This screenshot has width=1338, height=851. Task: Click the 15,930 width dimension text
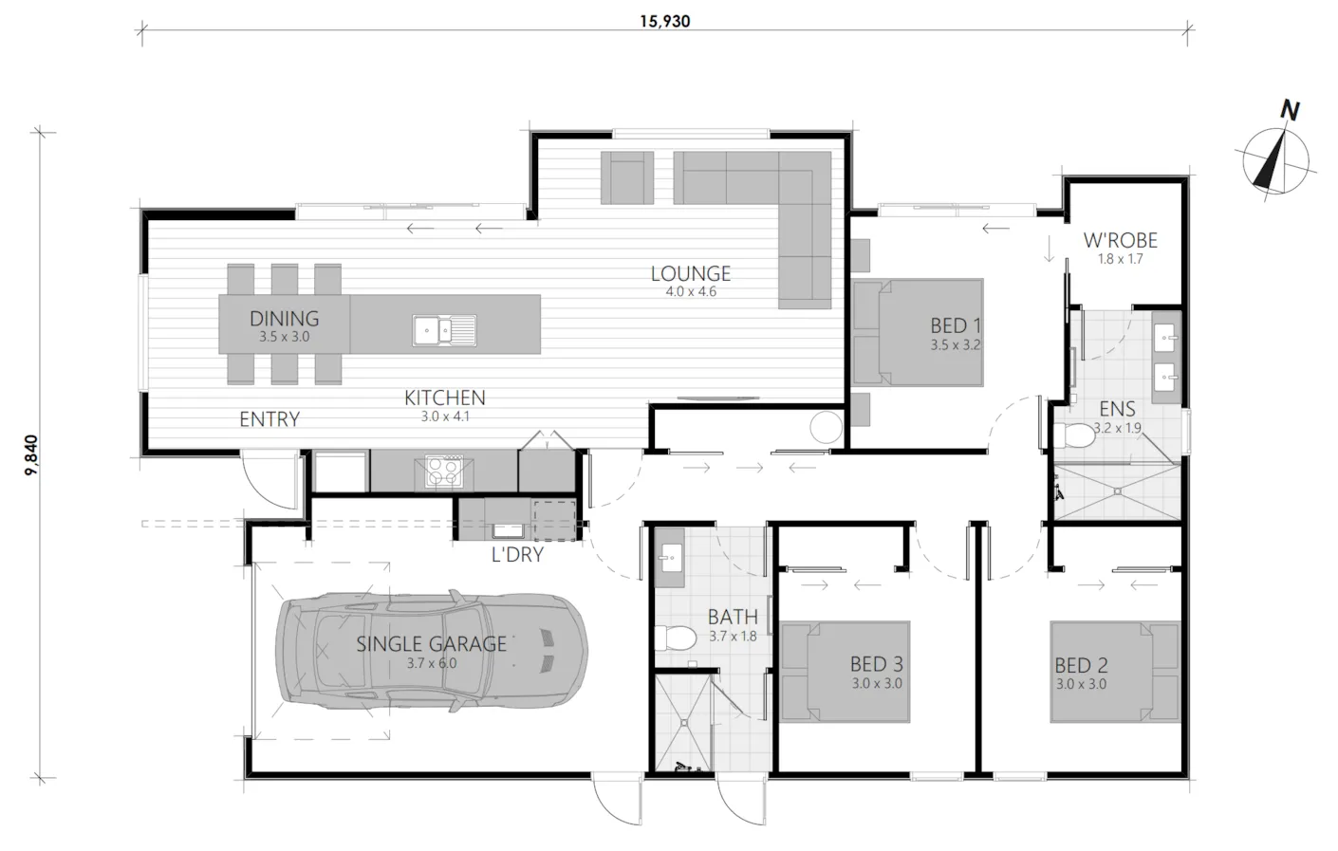pyautogui.click(x=665, y=22)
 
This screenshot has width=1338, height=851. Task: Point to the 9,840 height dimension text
pyautogui.click(x=31, y=455)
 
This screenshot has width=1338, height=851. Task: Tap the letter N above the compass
pyautogui.click(x=1290, y=110)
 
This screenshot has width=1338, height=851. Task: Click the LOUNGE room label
pyautogui.click(x=691, y=273)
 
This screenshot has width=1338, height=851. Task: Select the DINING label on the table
pyautogui.click(x=285, y=319)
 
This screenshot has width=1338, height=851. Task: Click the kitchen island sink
pyautogui.click(x=444, y=330)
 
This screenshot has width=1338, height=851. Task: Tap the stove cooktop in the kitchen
pyautogui.click(x=444, y=471)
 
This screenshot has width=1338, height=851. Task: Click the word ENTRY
pyautogui.click(x=269, y=419)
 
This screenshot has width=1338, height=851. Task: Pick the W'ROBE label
pyautogui.click(x=1121, y=240)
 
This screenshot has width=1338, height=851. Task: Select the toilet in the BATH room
pyautogui.click(x=676, y=638)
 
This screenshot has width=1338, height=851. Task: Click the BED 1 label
pyautogui.click(x=956, y=325)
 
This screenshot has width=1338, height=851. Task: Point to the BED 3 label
pyautogui.click(x=876, y=664)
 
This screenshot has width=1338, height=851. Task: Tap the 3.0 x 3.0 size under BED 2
pyautogui.click(x=1081, y=684)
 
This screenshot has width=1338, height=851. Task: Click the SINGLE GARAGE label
pyautogui.click(x=431, y=644)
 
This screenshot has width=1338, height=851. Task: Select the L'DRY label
pyautogui.click(x=517, y=555)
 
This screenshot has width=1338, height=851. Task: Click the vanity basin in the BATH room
pyautogui.click(x=669, y=558)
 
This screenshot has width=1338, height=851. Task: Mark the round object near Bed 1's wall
pyautogui.click(x=827, y=428)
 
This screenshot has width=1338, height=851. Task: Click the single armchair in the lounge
pyautogui.click(x=626, y=177)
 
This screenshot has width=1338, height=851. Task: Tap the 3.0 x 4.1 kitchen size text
pyautogui.click(x=445, y=416)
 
